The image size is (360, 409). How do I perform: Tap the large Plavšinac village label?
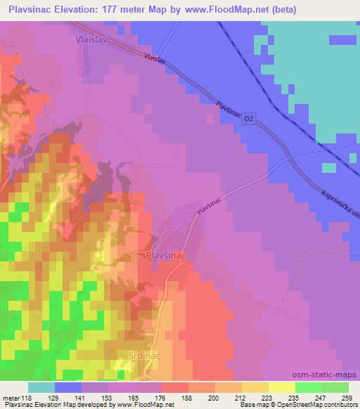167,257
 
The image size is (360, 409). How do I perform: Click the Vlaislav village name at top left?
91,41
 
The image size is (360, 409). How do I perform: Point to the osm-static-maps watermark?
330,374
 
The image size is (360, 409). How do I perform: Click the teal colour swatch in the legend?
41,387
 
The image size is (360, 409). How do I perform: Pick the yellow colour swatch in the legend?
282,387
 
